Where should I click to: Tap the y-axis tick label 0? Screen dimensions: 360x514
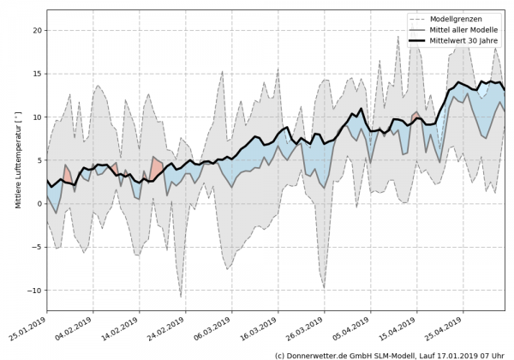click(39, 204)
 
